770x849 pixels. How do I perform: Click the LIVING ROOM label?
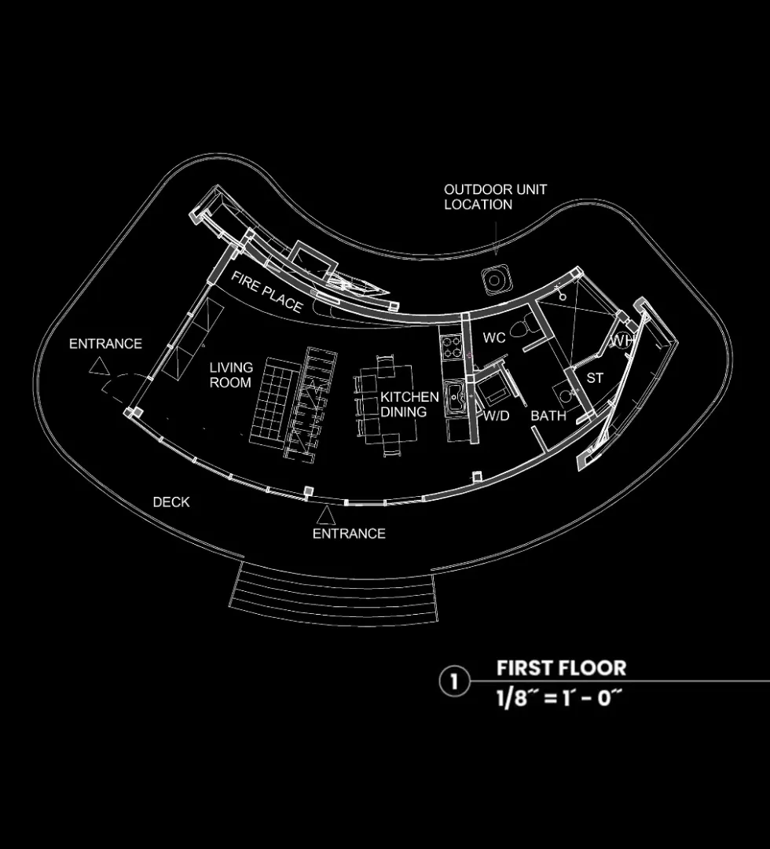231,375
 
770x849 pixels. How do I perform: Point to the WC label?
494,338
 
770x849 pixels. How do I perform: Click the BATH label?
548,415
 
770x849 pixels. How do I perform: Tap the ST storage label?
595,378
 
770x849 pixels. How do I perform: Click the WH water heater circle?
623,341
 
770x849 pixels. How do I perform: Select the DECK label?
171,502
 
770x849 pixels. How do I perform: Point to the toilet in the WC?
521,328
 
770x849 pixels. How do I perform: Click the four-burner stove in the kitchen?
453,347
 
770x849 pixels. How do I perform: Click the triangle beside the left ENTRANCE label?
98,366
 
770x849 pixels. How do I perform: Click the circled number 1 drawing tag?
453,682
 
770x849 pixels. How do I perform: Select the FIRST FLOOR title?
561,668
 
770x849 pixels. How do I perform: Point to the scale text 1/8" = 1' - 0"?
553,698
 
